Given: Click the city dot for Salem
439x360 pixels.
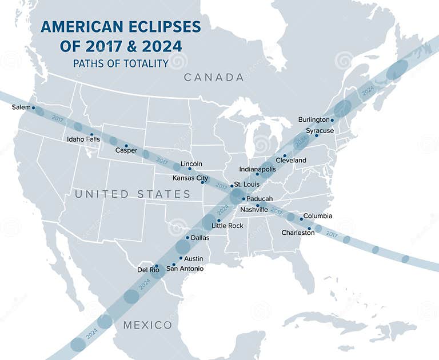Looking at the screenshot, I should (33, 107).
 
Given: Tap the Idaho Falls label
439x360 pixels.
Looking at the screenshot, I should (83, 139).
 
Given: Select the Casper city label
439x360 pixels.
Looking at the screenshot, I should (126, 150).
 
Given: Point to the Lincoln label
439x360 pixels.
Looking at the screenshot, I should (191, 164).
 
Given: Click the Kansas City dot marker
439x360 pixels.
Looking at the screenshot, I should (202, 183).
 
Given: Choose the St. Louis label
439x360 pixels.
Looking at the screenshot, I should (247, 184).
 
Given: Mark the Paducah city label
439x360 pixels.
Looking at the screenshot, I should (260, 199).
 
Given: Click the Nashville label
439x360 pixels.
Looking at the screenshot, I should (254, 210).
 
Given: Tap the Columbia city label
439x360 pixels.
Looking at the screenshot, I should (318, 216).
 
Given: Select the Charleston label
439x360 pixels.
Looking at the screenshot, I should (298, 233).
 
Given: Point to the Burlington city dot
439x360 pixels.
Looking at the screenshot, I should (332, 120).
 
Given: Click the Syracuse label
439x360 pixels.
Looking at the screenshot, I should (320, 131).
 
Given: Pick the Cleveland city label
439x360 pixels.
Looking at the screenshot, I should (291, 161).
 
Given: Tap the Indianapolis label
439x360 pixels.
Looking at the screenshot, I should (257, 169).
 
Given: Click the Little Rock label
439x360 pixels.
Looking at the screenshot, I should (228, 226).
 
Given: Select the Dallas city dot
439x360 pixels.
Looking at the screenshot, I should (187, 238).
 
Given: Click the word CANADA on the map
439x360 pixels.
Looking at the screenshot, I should (214, 77).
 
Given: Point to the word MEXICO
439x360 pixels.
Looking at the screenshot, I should (147, 325).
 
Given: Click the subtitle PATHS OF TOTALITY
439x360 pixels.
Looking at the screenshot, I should (121, 63).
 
